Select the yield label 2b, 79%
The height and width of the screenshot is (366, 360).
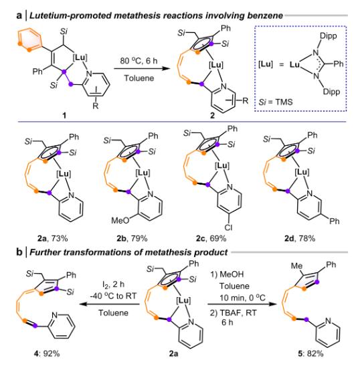[132, 239]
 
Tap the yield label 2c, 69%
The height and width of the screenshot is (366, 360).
[211, 239]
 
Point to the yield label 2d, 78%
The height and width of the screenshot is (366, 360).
[300, 239]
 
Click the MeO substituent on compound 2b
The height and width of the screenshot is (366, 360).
[120, 220]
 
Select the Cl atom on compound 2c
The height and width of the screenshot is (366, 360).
[228, 227]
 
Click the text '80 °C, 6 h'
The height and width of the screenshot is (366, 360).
[139, 61]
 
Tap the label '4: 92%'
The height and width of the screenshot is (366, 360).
[47, 354]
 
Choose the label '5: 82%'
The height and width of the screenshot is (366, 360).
[310, 354]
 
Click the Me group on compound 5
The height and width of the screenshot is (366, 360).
[296, 266]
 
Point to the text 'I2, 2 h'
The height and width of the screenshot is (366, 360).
[113, 284]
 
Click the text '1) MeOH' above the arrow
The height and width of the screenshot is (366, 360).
[227, 274]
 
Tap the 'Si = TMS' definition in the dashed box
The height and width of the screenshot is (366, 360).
[276, 102]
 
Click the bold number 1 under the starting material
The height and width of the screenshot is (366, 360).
[64, 115]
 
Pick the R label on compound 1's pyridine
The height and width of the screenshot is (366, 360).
[96, 106]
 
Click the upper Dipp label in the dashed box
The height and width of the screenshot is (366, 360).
[329, 36]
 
